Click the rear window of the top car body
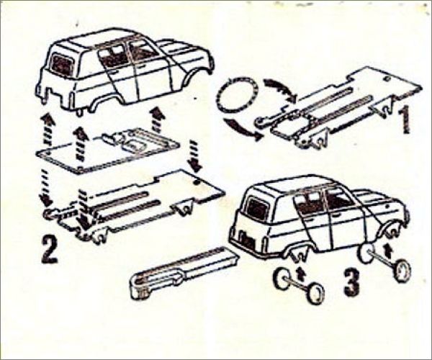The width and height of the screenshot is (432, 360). pos(62,66)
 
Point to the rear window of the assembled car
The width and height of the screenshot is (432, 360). pos(258,210)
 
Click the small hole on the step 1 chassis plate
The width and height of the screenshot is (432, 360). pos(387,79)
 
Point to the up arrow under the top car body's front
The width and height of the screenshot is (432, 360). pos(158,119)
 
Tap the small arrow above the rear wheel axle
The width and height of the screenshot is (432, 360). pos(300,273)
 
